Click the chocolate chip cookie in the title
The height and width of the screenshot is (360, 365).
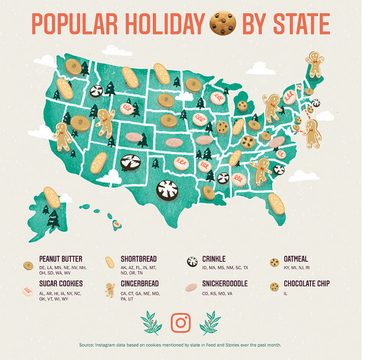pyautogui.click(x=223, y=23)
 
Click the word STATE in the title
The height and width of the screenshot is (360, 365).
pyautogui.click(x=299, y=23)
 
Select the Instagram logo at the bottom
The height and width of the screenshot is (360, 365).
pyautogui.click(x=181, y=322)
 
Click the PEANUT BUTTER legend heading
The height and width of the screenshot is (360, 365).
pyautogui.click(x=60, y=259)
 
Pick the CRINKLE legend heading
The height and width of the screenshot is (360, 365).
pyautogui.click(x=213, y=259)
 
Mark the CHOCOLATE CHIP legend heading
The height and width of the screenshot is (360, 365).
pyautogui.click(x=307, y=284)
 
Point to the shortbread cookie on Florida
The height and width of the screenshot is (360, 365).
pyautogui.click(x=276, y=203)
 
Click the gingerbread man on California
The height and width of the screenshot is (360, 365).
pyautogui.click(x=63, y=135)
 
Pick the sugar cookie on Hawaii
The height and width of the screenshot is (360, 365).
pyautogui.click(x=117, y=223)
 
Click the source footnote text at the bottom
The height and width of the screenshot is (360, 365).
pyautogui.click(x=181, y=346)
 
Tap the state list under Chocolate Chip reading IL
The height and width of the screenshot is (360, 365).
pyautogui.click(x=285, y=293)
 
